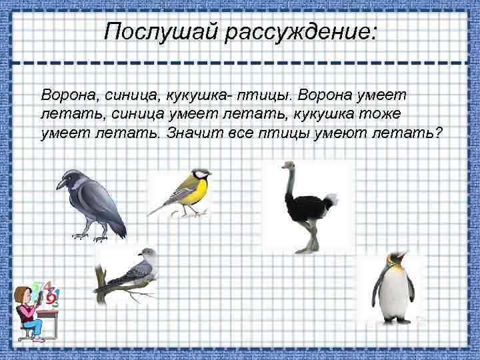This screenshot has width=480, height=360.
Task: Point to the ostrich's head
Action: (x=289, y=165)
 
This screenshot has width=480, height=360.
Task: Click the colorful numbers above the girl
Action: (x=47, y=293)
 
